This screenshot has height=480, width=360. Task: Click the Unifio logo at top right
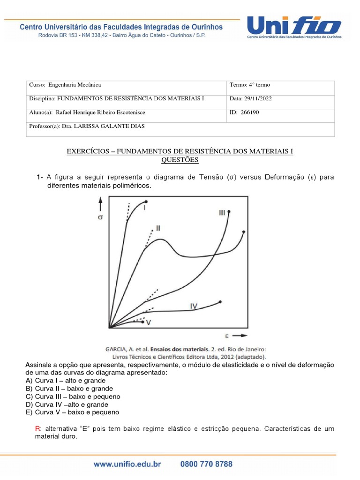pyautogui.click(x=294, y=27)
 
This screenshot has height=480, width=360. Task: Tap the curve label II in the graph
pyautogui.click(x=158, y=228)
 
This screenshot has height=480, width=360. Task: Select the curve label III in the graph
pyautogui.click(x=222, y=213)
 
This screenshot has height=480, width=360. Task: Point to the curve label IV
pyautogui.click(x=194, y=306)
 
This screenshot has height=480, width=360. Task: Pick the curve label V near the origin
pyautogui.click(x=149, y=322)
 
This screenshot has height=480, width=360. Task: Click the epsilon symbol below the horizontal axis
pyautogui.click(x=227, y=336)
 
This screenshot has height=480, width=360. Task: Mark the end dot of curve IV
pyautogui.click(x=220, y=301)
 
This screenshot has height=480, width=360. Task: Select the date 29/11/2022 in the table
pyautogui.click(x=258, y=99)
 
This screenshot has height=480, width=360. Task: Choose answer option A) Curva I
pyautogui.click(x=66, y=380)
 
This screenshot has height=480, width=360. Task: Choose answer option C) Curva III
pyautogui.click(x=73, y=396)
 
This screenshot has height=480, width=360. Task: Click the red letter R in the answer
pyautogui.click(x=37, y=429)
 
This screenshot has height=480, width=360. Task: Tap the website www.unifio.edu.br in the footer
pyautogui.click(x=127, y=465)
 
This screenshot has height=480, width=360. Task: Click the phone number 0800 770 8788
pyautogui.click(x=206, y=465)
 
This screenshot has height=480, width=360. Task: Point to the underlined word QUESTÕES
pyautogui.click(x=180, y=160)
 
